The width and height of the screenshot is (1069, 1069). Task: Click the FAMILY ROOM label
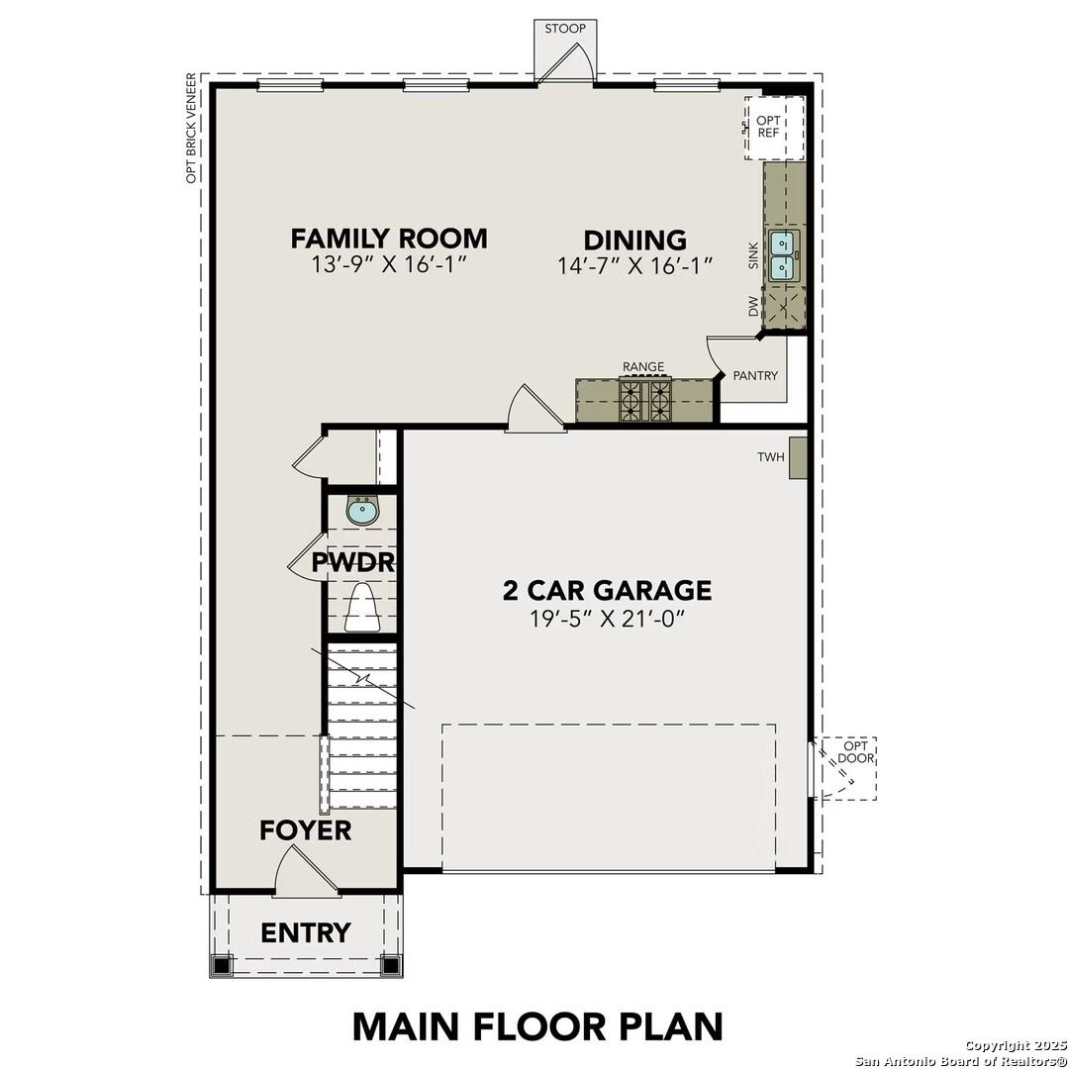(389, 239)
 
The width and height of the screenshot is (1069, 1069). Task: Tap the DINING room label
(634, 241)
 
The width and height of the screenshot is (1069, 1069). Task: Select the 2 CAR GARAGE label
(607, 591)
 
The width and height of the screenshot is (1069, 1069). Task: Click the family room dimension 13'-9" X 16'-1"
(389, 264)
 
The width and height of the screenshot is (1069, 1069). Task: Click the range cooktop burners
(644, 401)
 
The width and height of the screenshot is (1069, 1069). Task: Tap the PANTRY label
(755, 376)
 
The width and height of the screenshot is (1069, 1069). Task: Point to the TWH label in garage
(770, 457)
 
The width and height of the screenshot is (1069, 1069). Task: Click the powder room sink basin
(362, 512)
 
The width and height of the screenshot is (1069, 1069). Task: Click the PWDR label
(353, 563)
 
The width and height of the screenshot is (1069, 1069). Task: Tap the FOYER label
(305, 830)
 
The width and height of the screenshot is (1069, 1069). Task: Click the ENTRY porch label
(305, 932)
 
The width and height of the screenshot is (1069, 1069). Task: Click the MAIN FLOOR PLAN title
(537, 1026)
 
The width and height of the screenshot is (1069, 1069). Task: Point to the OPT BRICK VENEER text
(191, 128)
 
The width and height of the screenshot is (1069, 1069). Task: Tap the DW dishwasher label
(753, 307)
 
